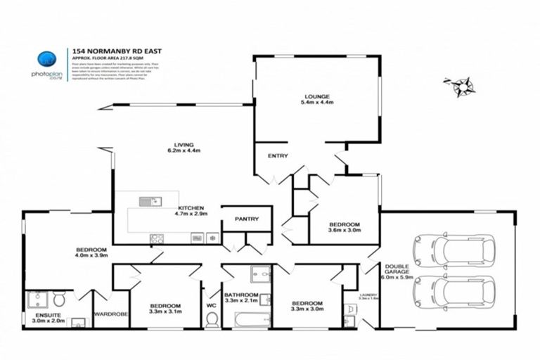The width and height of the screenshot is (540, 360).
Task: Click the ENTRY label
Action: pyautogui.click(x=277, y=156)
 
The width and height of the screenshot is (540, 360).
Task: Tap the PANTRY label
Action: pyautogui.click(x=247, y=219)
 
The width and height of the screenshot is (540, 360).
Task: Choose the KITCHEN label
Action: pyautogui.click(x=190, y=208)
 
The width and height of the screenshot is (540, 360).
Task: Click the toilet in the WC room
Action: pyautogui.click(x=212, y=320)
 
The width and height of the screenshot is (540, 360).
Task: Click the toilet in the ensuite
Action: pyautogui.click(x=59, y=300)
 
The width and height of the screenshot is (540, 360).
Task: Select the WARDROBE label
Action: pyautogui.click(x=110, y=314)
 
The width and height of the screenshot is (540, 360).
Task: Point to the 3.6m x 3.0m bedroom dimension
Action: pyautogui.click(x=345, y=229)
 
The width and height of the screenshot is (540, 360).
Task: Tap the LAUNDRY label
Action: pyautogui.click(x=368, y=295)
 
